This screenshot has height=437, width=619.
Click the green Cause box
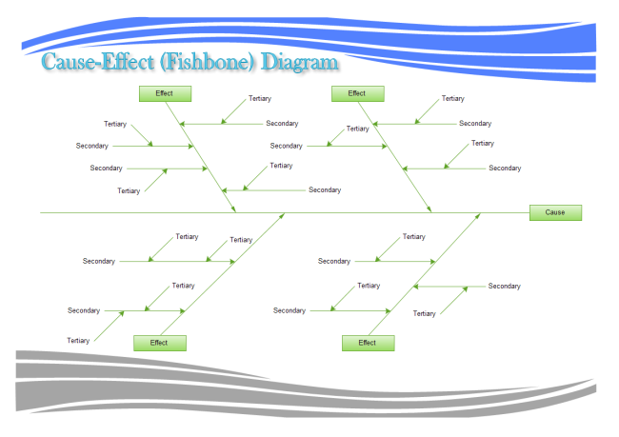coord(555,212)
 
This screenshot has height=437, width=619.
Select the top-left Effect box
coord(165,93)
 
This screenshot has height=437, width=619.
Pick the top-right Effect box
coord(357,93)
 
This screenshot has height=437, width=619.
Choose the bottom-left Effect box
coord(159,343)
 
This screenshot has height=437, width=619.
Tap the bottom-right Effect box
coord(367,343)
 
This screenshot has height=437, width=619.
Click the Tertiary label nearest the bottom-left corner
coord(78,340)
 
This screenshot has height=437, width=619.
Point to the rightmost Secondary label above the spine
coord(505,168)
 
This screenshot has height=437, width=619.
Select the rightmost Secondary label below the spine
coord(505,286)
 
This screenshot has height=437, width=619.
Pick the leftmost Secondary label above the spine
coord(92,146)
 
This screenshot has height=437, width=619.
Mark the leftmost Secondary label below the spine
coord(84,310)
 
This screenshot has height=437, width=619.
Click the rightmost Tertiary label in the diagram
coord(483,143)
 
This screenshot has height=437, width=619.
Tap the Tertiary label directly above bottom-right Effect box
coord(369,286)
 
